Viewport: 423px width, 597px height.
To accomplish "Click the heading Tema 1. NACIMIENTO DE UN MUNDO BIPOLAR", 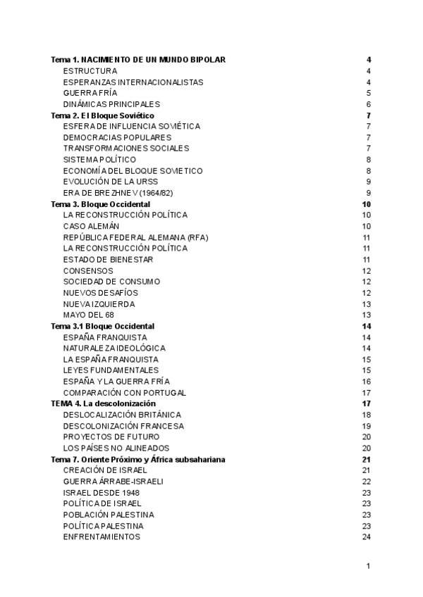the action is pyautogui.click(x=138, y=60).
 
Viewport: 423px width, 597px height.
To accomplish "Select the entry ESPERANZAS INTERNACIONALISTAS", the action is pyautogui.click(x=133, y=82).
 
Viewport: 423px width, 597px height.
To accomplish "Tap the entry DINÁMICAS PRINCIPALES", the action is pyautogui.click(x=116, y=104).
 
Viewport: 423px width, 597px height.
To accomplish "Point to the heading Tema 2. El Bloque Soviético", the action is pyautogui.click(x=103, y=115).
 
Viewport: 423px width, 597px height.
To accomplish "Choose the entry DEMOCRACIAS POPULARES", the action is pyautogui.click(x=117, y=137).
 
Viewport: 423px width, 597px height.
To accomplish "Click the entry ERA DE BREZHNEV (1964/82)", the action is pyautogui.click(x=121, y=193).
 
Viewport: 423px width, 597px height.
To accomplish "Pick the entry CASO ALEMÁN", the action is pyautogui.click(x=91, y=226).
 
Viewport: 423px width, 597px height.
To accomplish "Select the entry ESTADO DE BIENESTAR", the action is pyautogui.click(x=108, y=260).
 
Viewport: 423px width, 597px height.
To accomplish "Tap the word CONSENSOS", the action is pyautogui.click(x=88, y=271).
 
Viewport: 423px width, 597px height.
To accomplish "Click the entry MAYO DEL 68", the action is pyautogui.click(x=88, y=315).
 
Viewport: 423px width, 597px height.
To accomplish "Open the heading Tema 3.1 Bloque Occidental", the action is pyautogui.click(x=103, y=327).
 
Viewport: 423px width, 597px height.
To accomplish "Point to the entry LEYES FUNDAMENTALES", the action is pyautogui.click(x=111, y=370).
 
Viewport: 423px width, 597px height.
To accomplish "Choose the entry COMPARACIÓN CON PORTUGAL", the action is pyautogui.click(x=125, y=393).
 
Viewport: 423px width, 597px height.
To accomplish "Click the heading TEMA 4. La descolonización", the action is pyautogui.click(x=104, y=403).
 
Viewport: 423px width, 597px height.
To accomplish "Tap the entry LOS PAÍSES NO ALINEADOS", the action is pyautogui.click(x=116, y=448).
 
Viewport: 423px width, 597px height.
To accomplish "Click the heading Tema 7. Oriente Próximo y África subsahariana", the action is pyautogui.click(x=138, y=459).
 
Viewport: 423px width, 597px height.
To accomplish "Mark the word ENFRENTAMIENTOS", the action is pyautogui.click(x=102, y=537).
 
